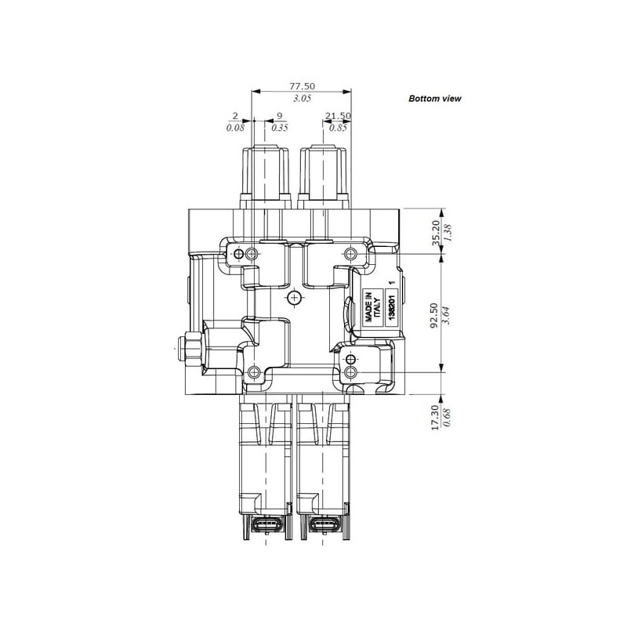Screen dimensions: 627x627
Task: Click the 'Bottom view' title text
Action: (x=435, y=99)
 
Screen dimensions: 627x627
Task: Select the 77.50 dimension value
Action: (x=302, y=86)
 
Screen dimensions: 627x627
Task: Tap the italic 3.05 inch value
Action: (x=302, y=99)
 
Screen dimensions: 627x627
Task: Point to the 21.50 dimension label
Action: (x=338, y=116)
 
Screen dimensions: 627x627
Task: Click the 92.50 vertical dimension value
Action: (x=434, y=315)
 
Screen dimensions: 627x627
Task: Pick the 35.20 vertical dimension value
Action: (x=436, y=232)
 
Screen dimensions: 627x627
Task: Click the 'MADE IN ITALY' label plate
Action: (x=373, y=307)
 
